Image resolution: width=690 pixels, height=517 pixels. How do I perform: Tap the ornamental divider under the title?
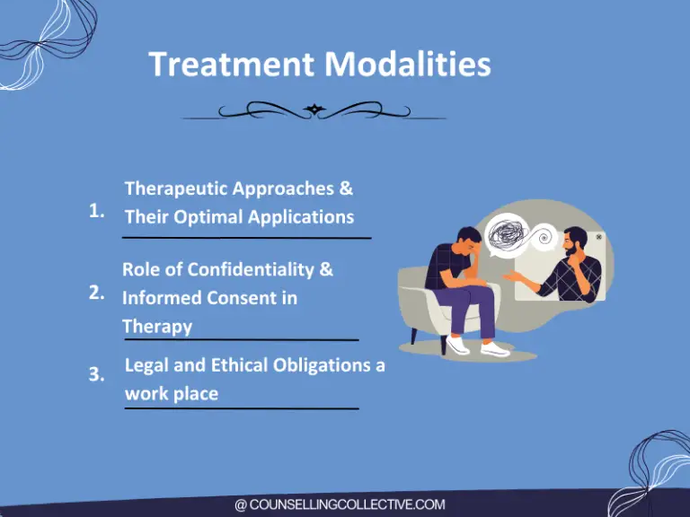click(x=314, y=111)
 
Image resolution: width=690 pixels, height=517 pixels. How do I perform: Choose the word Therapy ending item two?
click(x=157, y=326)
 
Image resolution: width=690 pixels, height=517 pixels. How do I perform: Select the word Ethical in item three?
click(x=221, y=365)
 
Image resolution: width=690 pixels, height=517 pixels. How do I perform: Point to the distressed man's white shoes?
click(x=476, y=346)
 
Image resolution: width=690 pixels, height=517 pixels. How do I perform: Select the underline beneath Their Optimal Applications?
click(x=246, y=238)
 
